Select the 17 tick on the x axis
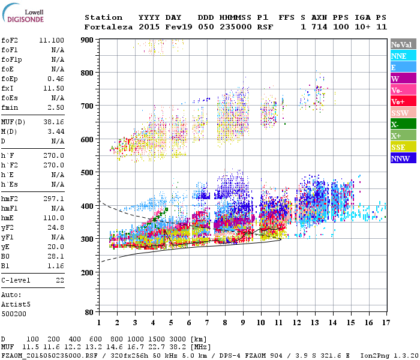[384, 322]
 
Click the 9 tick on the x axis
[243, 322]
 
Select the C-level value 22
[60, 280]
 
